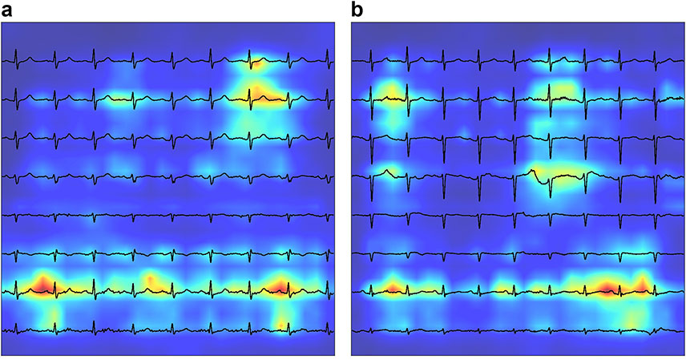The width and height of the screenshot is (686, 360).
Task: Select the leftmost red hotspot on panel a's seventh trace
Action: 40,284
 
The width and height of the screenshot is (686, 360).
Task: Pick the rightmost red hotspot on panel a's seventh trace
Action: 280,285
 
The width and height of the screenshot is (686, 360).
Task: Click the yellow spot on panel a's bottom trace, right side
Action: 280,322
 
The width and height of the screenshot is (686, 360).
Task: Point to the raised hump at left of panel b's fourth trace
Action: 388,169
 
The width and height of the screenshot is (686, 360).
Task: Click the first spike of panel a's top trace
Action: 17,56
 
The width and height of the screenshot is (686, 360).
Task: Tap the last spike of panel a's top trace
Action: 328,56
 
